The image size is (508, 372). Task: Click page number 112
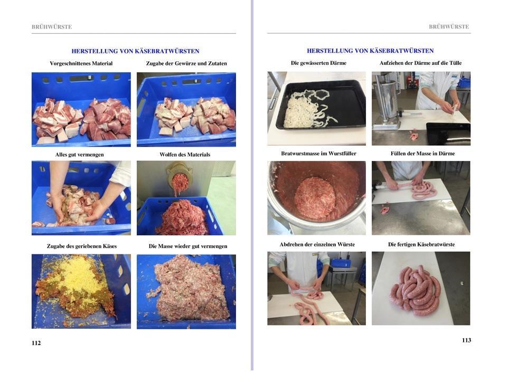tap(36, 343)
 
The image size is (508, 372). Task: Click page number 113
tap(466, 340)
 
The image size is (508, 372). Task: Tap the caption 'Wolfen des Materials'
tap(185, 155)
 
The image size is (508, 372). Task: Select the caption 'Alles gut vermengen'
tap(79, 155)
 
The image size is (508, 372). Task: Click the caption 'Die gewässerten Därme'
tap(318, 63)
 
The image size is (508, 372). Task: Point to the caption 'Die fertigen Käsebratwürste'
tap(421, 244)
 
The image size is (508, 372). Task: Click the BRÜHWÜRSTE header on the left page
tap(52, 27)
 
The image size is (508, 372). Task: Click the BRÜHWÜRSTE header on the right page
tap(449, 26)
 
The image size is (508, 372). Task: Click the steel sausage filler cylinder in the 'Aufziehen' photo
tap(386, 99)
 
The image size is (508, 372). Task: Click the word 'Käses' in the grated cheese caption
tap(109, 246)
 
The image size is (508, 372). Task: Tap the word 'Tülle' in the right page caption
tap(455, 63)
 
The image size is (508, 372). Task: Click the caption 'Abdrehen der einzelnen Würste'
tap(317, 244)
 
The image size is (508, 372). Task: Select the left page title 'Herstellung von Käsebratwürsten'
tap(135, 51)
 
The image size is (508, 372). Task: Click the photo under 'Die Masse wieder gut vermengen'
tap(186, 292)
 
